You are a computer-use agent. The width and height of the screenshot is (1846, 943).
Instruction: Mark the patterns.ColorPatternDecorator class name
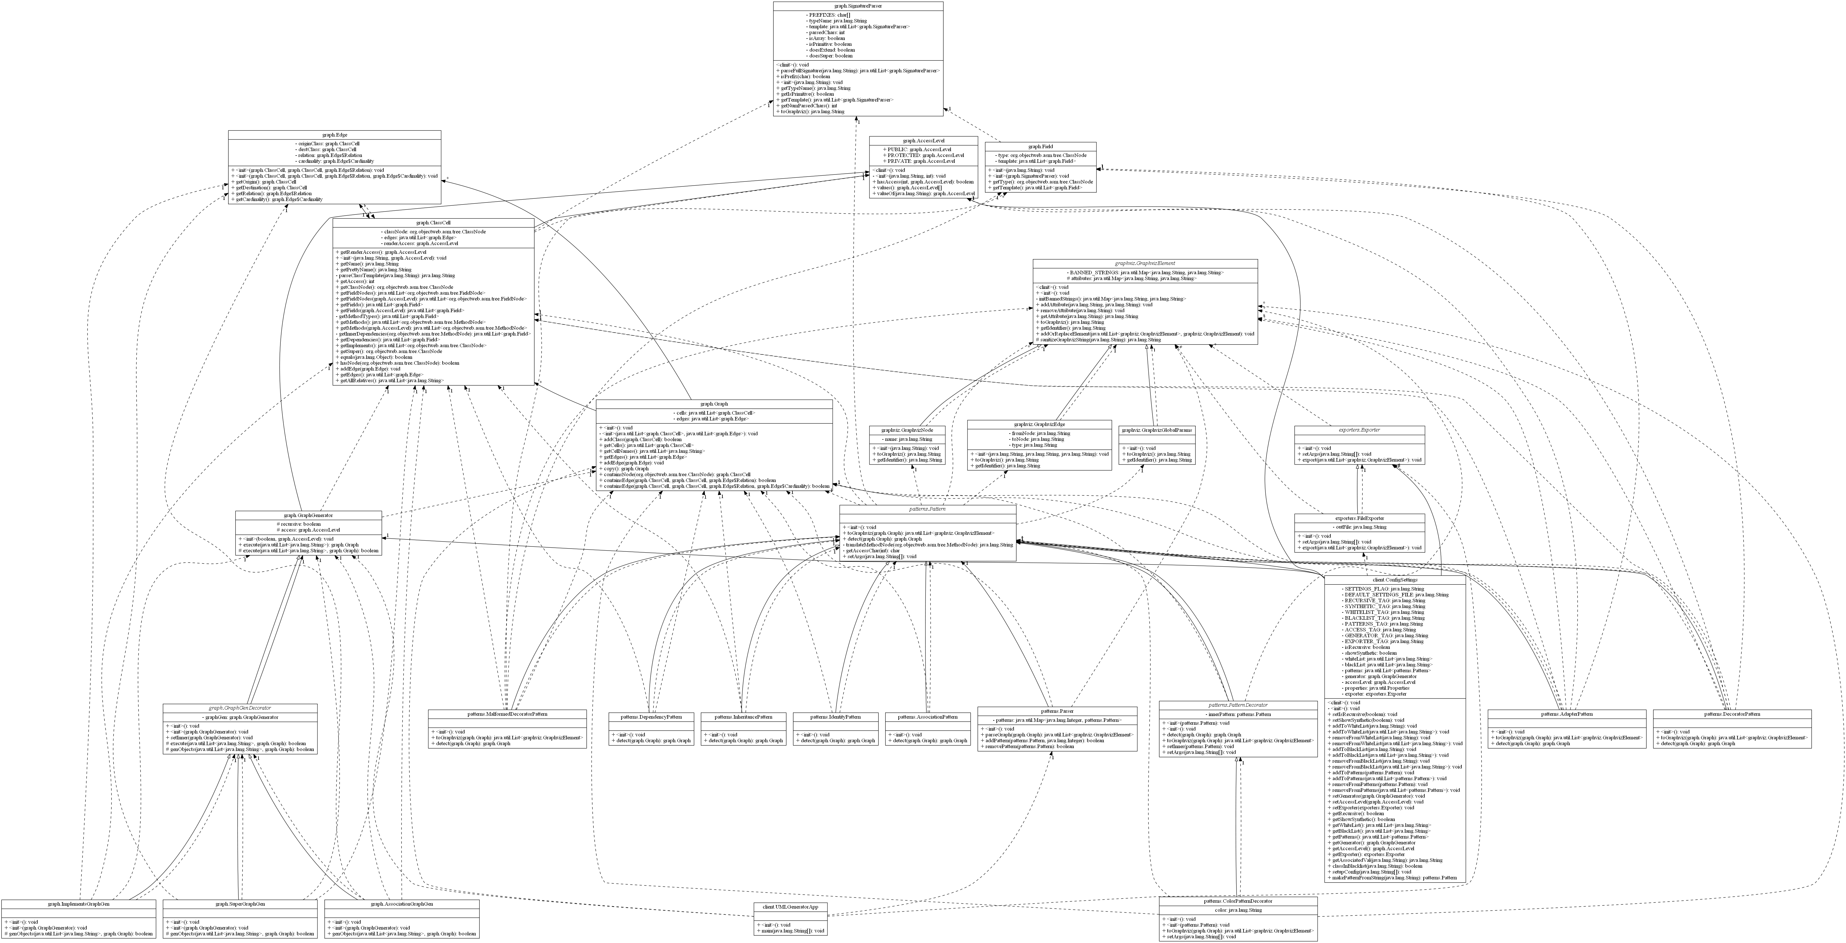point(1238,902)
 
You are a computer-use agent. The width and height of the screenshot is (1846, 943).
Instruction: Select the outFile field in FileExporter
point(1359,528)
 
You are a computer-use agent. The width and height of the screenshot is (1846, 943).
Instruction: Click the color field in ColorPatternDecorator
point(1238,911)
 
